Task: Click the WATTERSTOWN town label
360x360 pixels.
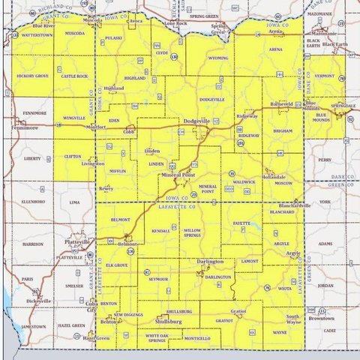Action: pyautogui.click(x=36, y=34)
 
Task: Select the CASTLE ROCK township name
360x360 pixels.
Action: pyautogui.click(x=74, y=76)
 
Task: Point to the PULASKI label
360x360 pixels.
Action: pyautogui.click(x=113, y=37)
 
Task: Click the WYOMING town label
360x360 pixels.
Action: pyautogui.click(x=218, y=58)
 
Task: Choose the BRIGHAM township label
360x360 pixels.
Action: pyautogui.click(x=283, y=130)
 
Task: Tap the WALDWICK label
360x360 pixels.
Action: pyautogui.click(x=244, y=182)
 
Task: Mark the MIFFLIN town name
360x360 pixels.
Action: pyautogui.click(x=118, y=171)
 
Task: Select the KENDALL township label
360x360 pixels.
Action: pyautogui.click(x=160, y=232)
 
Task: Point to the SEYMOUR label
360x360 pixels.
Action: pyautogui.click(x=159, y=278)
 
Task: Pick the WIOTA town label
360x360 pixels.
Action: pyautogui.click(x=285, y=287)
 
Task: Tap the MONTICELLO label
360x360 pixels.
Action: pyautogui.click(x=196, y=338)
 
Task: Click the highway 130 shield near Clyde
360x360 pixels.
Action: pyautogui.click(x=174, y=56)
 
